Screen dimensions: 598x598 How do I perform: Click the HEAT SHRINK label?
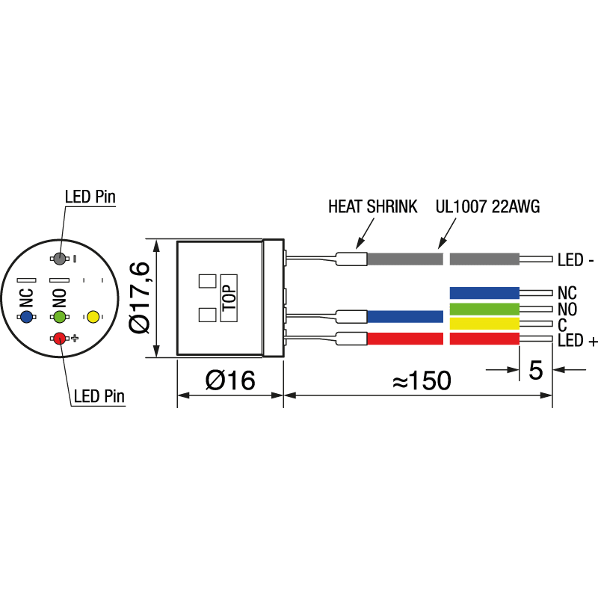(372, 207)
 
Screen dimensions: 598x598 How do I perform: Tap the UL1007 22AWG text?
(487, 207)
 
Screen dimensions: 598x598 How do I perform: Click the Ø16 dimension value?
(230, 380)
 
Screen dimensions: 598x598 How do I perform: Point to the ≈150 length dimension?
(422, 381)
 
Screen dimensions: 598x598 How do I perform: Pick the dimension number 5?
(535, 370)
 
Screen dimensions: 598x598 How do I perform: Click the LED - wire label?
(576, 261)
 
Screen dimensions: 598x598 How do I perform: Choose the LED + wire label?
(577, 342)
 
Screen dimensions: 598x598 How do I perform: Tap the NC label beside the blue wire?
(567, 292)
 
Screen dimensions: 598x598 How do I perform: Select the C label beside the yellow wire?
(562, 324)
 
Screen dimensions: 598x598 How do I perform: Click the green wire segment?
(484, 309)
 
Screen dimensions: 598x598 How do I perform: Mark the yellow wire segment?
(484, 324)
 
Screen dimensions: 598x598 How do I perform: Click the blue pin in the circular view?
(27, 318)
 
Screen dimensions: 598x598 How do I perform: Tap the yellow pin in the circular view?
(93, 317)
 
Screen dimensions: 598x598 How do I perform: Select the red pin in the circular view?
(60, 339)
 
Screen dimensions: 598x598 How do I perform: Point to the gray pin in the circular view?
(60, 259)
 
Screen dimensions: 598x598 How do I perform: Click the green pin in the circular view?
(60, 318)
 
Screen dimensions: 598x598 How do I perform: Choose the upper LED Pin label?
(90, 197)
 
